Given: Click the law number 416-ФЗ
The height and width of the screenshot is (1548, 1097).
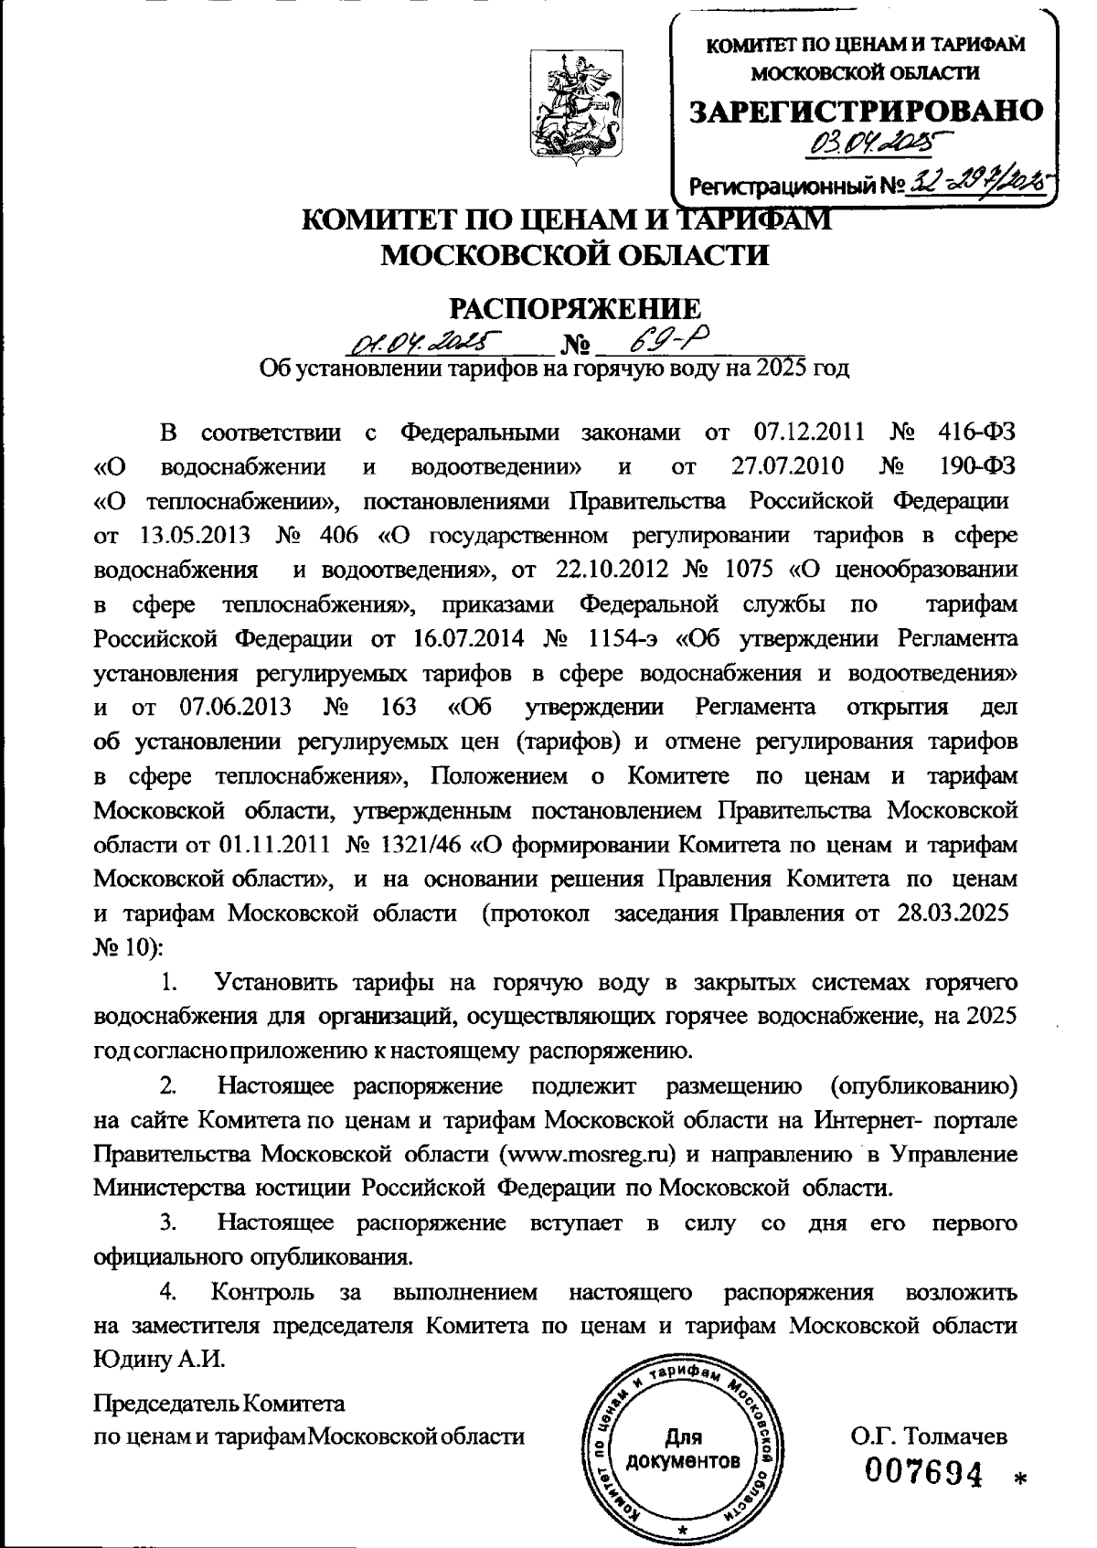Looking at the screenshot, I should click(976, 432).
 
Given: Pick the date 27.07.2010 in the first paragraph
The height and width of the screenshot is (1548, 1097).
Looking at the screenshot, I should click(787, 467).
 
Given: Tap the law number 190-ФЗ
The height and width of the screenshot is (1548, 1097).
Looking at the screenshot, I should click(978, 467).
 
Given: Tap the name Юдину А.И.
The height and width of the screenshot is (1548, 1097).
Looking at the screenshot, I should click(159, 1358).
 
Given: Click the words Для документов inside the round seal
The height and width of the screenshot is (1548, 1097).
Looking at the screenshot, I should click(684, 1448).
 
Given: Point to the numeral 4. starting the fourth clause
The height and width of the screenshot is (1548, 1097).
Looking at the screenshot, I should click(169, 1292).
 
